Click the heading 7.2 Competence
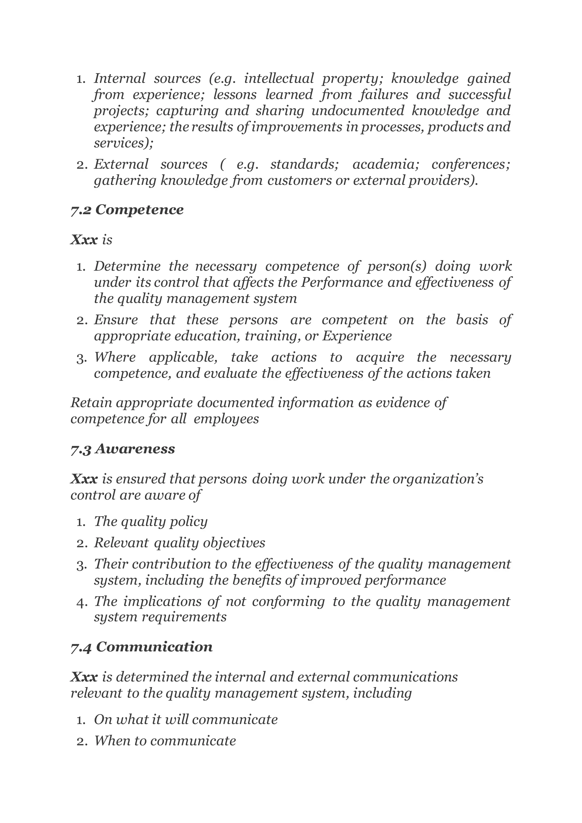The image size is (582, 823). [x=127, y=210]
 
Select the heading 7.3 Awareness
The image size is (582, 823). [x=122, y=449]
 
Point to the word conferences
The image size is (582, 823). [x=471, y=164]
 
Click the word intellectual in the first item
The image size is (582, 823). [x=279, y=78]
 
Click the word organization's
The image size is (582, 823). [x=438, y=479]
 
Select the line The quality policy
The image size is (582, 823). [x=151, y=521]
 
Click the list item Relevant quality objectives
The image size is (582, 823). [x=179, y=543]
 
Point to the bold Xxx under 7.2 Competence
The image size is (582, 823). [x=84, y=240]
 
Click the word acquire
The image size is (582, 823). [x=380, y=358]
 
